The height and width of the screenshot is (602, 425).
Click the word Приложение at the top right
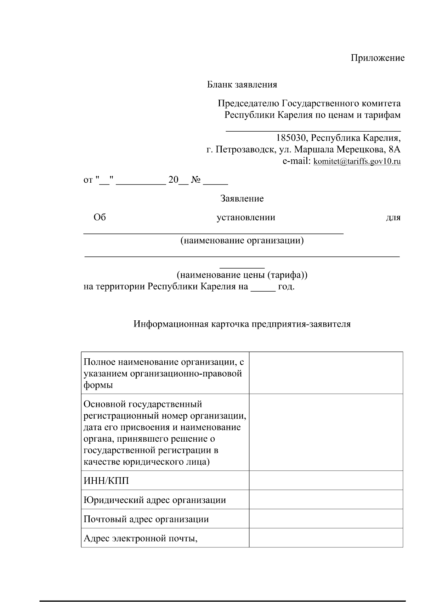click(x=378, y=58)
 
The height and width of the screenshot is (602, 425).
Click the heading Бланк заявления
click(x=242, y=84)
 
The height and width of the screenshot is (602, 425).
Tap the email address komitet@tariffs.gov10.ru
click(x=357, y=161)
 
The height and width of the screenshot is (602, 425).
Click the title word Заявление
click(x=242, y=198)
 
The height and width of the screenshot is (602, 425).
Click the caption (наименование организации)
click(x=242, y=241)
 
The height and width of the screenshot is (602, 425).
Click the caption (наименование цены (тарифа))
click(x=242, y=275)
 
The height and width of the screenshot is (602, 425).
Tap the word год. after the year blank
click(x=286, y=286)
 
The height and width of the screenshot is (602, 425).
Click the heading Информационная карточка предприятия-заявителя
click(x=242, y=324)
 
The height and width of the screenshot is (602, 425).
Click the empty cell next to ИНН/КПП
click(x=326, y=480)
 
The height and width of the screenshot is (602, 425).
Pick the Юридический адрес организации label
click(x=154, y=500)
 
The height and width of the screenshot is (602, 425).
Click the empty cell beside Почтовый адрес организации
click(x=326, y=519)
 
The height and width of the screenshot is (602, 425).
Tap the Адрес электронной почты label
click(x=140, y=538)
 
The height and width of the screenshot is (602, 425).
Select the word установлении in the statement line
click(x=246, y=217)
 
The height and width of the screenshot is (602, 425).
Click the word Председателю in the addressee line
click(x=248, y=104)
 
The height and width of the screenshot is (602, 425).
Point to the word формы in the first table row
click(x=98, y=385)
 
